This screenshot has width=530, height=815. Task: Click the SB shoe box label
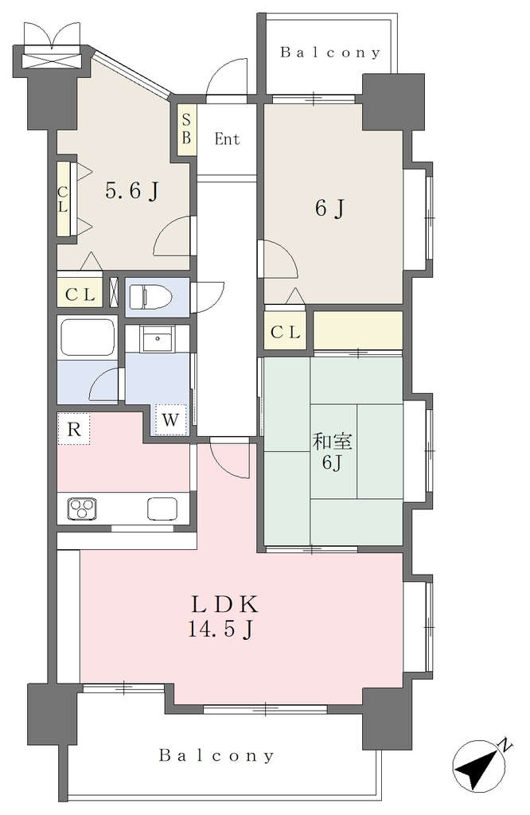[186, 130]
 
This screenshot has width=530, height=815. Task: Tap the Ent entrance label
[227, 139]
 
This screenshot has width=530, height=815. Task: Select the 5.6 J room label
[131, 191]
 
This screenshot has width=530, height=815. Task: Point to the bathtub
[87, 337]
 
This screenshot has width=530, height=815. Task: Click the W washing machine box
[170, 419]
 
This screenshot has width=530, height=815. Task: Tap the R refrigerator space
[73, 429]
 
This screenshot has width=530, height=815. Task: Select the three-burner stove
[83, 509]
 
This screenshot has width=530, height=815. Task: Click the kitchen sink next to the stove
[162, 509]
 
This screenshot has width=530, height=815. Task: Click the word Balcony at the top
[330, 53]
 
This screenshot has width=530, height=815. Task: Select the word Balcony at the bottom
[216, 755]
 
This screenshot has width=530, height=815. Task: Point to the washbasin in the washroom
[158, 339]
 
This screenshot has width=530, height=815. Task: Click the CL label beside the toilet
[80, 295]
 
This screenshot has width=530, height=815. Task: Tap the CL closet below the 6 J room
[285, 332]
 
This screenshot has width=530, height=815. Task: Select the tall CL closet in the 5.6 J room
[63, 200]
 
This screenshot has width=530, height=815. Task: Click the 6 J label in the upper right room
[330, 209]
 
